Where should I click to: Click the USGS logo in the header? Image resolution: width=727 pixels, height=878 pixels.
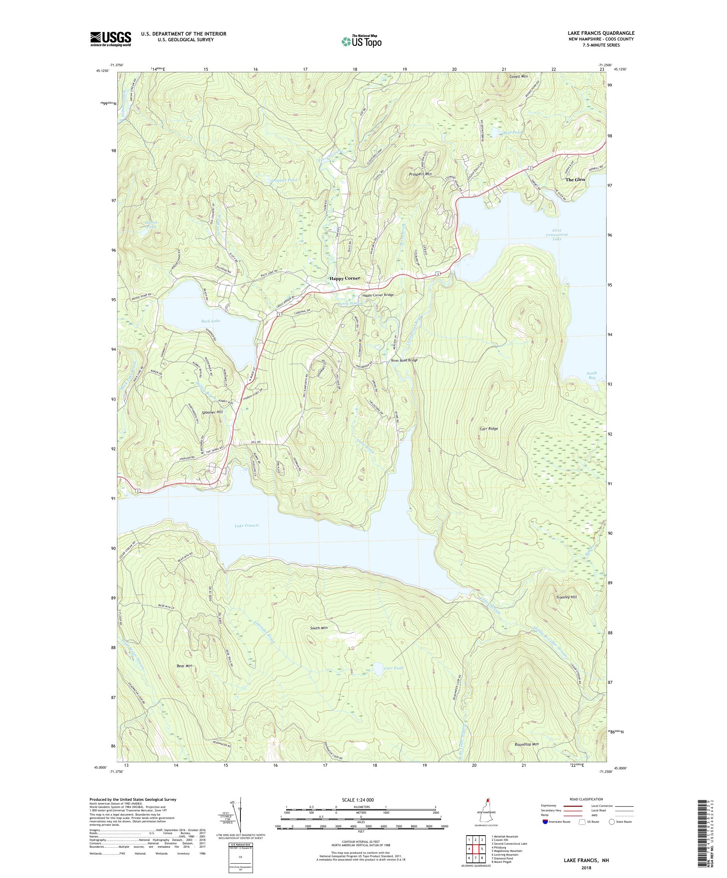(x=111, y=39)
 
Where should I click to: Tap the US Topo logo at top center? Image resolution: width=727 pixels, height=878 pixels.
(x=362, y=41)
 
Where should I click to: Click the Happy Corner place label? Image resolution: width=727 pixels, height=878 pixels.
(x=345, y=279)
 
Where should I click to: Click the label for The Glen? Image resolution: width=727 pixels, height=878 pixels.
(x=575, y=179)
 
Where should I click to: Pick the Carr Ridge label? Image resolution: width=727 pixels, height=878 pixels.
(x=488, y=428)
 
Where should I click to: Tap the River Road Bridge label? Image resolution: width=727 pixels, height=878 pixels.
(x=404, y=360)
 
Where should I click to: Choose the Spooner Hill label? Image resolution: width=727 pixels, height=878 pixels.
(x=212, y=412)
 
